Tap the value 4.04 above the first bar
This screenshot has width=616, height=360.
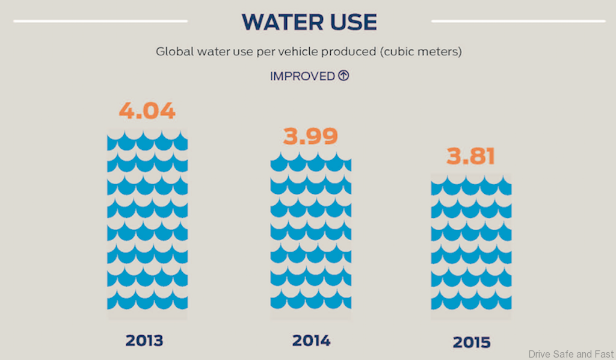coord(147,111)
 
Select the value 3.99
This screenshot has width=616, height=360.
coord(310,136)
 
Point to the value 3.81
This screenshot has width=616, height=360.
coord(470,157)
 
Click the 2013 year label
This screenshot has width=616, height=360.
coord(144,341)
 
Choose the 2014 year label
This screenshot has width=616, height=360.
coord(311,341)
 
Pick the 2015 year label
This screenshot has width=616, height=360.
coord(472,343)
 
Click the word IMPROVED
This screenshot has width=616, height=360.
coord(303,76)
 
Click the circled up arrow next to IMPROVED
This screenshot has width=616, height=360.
coord(343,76)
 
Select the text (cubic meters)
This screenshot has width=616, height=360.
coord(420,51)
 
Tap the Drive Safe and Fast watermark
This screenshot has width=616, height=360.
coord(570,354)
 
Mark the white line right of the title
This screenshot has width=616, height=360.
coord(518,21)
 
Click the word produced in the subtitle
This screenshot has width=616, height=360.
coord(348,51)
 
